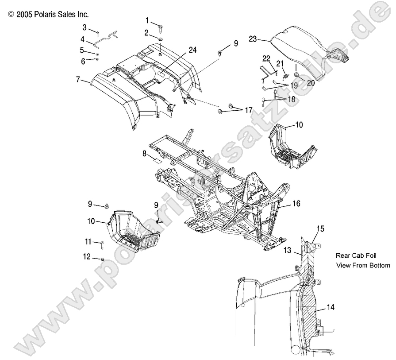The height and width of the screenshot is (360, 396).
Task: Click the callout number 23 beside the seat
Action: pos(253,39)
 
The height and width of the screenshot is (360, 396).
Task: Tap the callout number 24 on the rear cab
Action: pos(192,50)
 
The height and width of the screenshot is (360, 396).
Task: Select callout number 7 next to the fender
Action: pos(77,81)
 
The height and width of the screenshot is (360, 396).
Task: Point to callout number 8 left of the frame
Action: pos(144,154)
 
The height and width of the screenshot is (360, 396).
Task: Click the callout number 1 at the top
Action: pos(147,20)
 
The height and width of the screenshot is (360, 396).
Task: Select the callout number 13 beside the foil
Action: pos(286,251)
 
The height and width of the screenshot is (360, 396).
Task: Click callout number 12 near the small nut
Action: pos(87,256)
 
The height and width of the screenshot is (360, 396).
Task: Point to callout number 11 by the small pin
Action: pos(88,241)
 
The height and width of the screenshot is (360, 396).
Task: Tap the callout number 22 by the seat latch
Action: pos(266,58)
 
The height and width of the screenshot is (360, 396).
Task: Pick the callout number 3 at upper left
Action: pos(85,27)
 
